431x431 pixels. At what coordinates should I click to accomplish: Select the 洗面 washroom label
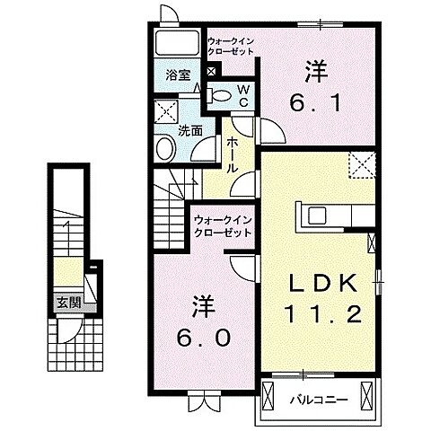point(189,129)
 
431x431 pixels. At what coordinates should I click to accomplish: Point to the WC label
point(242,94)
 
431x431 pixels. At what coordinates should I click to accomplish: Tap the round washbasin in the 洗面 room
point(165,149)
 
